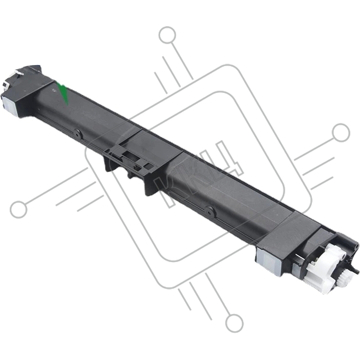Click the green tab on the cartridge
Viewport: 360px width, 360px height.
coord(63,93)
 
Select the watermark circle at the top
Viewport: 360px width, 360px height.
coord(167,35)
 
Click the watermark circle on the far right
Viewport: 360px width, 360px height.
coord(341,133)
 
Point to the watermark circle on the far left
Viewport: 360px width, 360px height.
coord(18,209)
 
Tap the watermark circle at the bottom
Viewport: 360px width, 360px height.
coord(234,324)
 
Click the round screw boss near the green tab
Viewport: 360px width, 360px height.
coord(77,134)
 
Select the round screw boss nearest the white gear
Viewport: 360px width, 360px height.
coord(210,211)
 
